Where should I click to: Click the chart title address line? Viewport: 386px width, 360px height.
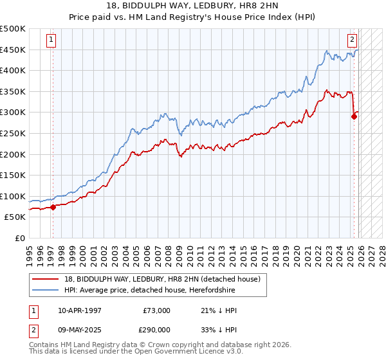tap(192, 6)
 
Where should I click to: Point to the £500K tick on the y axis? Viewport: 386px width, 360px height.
tap(13, 29)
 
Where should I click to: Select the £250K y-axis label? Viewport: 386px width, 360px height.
tap(13, 133)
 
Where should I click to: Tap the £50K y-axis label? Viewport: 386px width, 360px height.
tap(15, 217)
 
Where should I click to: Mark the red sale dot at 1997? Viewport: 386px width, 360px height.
tap(53, 207)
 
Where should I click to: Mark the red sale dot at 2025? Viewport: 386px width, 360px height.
tap(353, 116)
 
